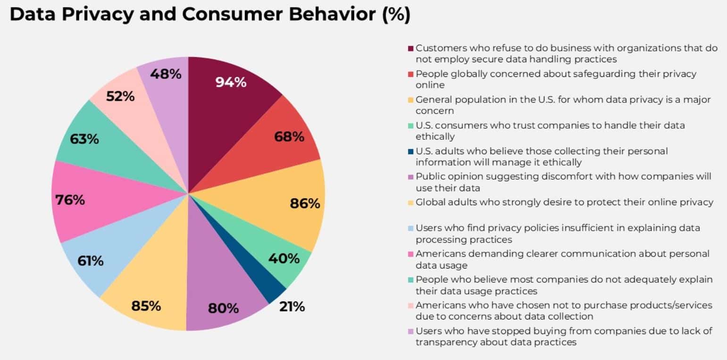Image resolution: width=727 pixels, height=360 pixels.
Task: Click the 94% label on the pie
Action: [231, 82]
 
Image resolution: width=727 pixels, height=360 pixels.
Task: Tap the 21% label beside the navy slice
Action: [292, 307]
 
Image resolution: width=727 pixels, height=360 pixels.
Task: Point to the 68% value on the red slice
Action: [289, 137]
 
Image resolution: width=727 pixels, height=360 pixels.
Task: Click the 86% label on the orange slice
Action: [305, 203]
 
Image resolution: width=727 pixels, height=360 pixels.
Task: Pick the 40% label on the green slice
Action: [284, 259]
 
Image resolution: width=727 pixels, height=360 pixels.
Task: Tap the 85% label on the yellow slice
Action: [146, 306]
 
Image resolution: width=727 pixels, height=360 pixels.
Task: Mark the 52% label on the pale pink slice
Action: [120, 96]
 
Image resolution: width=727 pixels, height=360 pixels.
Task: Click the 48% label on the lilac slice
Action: [166, 74]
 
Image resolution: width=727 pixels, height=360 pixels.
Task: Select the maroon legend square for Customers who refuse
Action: [410, 49]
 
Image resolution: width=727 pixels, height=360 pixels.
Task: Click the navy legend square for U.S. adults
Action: [410, 151]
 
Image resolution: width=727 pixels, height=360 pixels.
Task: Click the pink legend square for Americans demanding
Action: [410, 254]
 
